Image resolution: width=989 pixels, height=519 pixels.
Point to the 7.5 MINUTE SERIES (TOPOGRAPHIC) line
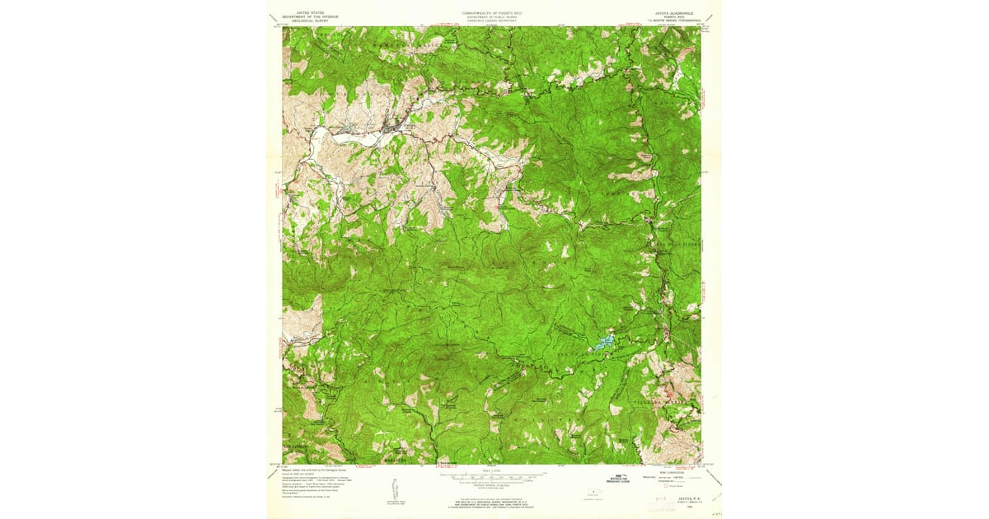[668, 22]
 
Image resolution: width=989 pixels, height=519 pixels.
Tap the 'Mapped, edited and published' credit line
[313, 468]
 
